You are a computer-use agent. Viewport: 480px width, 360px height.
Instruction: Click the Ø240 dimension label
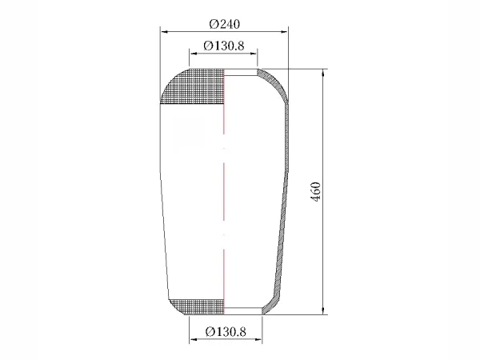click(x=224, y=24)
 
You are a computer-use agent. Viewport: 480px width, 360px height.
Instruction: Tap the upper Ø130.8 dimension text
click(x=224, y=46)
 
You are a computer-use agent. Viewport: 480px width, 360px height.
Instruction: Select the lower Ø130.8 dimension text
click(x=226, y=331)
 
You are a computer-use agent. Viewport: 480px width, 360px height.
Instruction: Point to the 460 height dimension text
click(x=316, y=192)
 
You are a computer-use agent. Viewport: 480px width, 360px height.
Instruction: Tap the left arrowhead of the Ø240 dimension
click(x=164, y=31)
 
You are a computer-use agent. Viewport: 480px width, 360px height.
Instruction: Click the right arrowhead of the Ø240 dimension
click(x=284, y=31)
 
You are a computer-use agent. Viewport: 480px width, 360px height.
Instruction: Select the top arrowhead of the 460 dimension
click(x=323, y=73)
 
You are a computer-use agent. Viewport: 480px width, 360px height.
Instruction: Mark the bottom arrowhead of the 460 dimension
click(x=323, y=310)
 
